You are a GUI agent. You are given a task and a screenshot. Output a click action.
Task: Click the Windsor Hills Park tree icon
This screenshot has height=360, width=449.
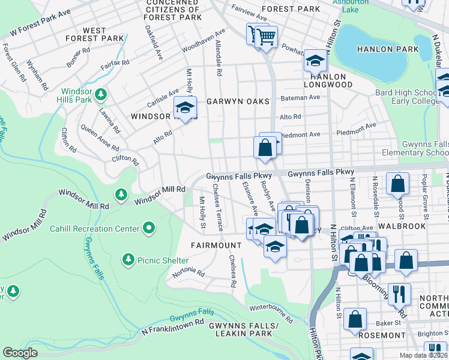[x=101, y=94]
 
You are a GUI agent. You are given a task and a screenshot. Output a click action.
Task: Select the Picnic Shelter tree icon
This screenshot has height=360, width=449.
[x=128, y=259]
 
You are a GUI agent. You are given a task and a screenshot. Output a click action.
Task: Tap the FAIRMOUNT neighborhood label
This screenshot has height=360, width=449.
[x=215, y=245]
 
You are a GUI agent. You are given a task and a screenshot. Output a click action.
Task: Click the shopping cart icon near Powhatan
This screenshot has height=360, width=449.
[x=267, y=37]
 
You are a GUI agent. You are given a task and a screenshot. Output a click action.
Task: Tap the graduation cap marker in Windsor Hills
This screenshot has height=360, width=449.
[x=185, y=109]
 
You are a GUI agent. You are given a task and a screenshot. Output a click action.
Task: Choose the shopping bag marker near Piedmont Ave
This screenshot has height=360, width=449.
[x=264, y=146]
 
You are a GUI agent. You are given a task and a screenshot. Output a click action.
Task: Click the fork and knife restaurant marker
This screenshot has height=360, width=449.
[x=397, y=295]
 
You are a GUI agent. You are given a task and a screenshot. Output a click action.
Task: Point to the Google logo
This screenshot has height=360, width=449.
[x=20, y=353]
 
